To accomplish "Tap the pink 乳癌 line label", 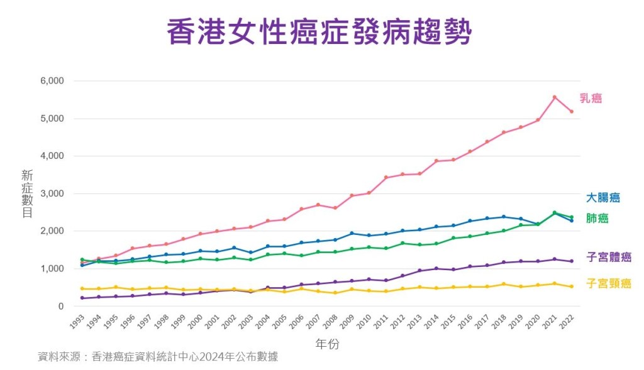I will point(591,98).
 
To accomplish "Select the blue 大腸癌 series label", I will point(602,198).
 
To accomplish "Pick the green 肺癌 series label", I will point(597,219).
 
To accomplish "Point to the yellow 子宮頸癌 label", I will point(608,283).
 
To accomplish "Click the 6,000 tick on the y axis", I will point(52,81).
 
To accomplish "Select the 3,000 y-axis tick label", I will point(52,193).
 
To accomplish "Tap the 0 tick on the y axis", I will point(60,306).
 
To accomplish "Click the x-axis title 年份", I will point(328,344).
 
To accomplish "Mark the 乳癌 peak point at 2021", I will point(554,97).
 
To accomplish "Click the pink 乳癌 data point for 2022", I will point(571,112).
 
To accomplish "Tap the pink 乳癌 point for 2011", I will point(386,178).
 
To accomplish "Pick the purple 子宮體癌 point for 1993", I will point(82,298).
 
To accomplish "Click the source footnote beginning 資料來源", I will point(158,357).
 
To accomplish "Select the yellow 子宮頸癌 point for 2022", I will point(571,286).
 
